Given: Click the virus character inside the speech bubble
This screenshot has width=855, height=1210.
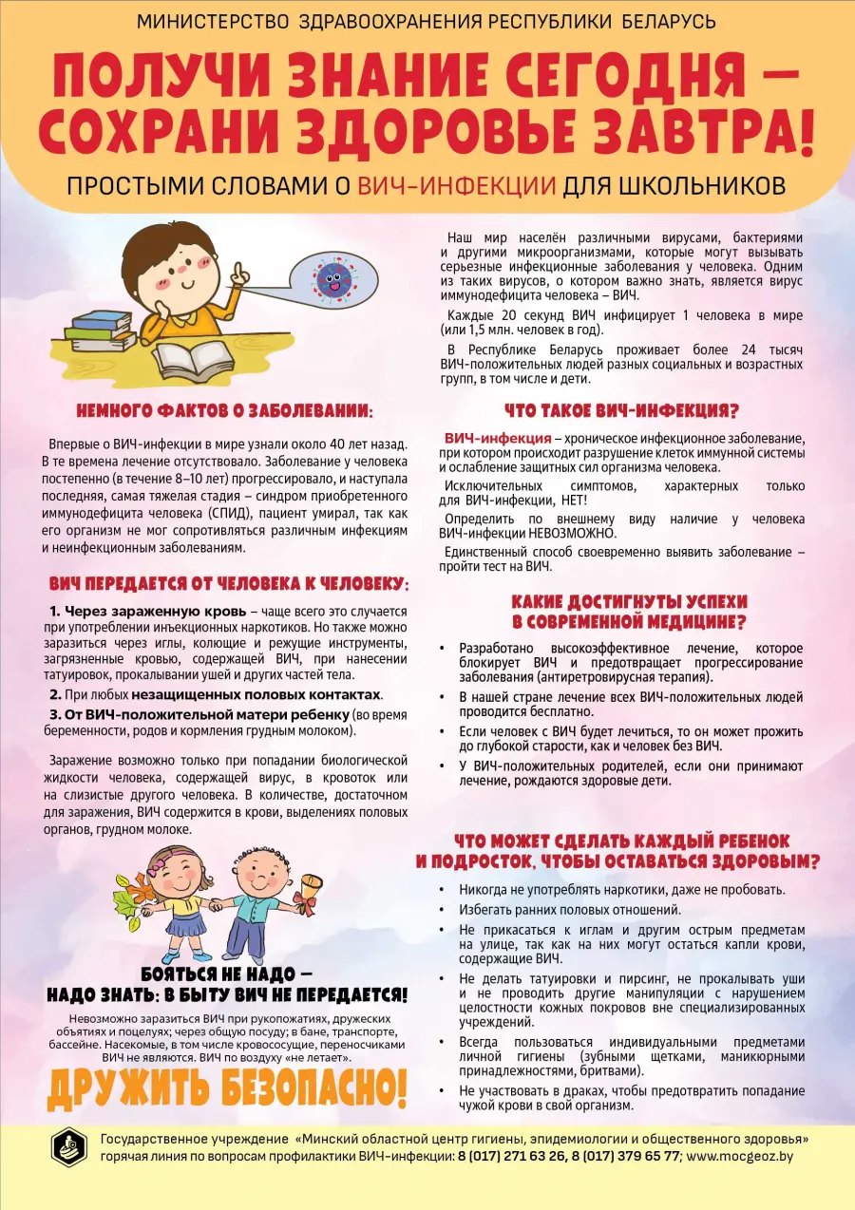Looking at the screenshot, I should pyautogui.click(x=332, y=278).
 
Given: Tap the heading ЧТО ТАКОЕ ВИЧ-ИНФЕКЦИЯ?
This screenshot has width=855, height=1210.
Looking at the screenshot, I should pyautogui.click(x=620, y=410).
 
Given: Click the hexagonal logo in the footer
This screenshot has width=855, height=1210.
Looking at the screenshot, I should pyautogui.click(x=68, y=1146).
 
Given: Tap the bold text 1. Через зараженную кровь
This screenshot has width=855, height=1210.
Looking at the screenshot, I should pyautogui.click(x=148, y=611).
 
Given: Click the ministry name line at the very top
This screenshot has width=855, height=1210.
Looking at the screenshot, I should pyautogui.click(x=427, y=21).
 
